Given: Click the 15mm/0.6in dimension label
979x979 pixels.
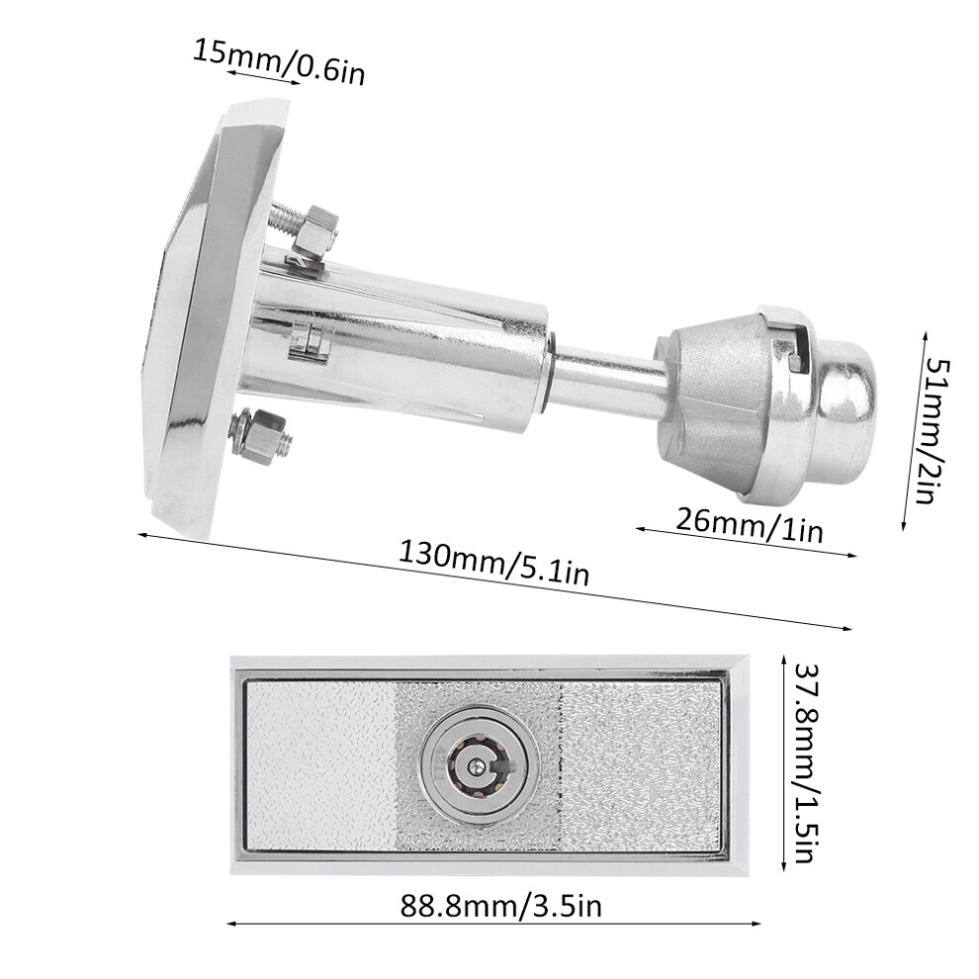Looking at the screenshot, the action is coord(279,62).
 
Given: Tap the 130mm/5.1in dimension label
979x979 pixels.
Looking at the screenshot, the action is coord(493,564).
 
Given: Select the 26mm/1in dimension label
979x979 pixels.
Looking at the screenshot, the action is coord(750,524).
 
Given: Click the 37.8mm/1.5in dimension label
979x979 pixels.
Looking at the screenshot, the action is coord(805,762).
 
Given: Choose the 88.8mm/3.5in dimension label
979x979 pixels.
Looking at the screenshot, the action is coord(500,906).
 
